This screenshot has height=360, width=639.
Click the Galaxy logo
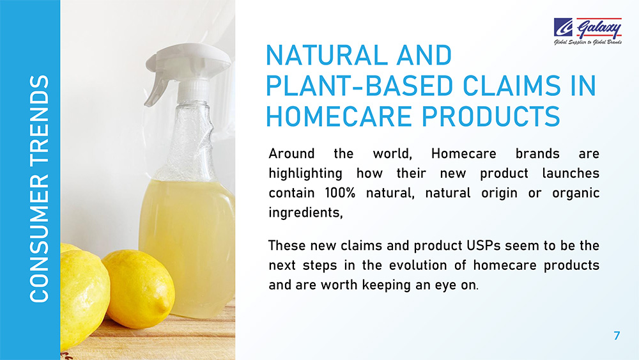click(x=587, y=31)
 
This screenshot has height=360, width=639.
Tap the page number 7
click(x=617, y=336)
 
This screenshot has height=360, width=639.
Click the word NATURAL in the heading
click(x=327, y=55)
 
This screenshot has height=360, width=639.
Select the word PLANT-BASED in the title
click(x=359, y=86)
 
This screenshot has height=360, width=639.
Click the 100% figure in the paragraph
click(x=341, y=192)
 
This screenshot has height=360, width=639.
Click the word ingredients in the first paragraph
click(x=305, y=213)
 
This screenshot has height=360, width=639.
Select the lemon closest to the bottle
click(x=139, y=288)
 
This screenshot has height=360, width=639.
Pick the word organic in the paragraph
click(x=576, y=193)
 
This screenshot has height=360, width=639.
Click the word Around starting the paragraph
click(x=291, y=153)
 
